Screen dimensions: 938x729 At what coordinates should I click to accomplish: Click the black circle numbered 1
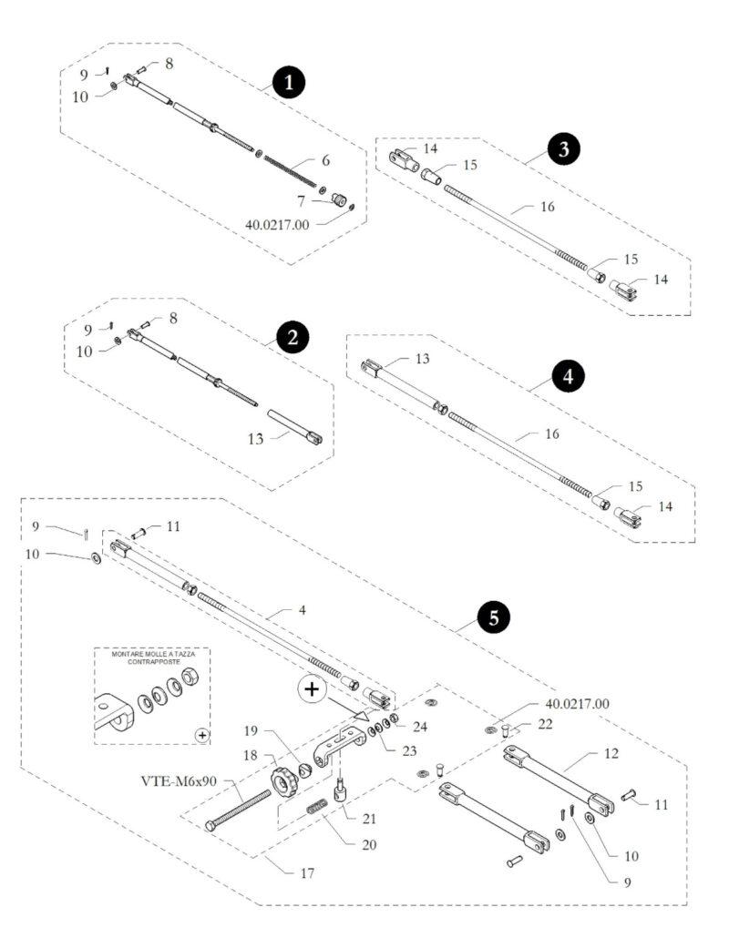click(290, 83)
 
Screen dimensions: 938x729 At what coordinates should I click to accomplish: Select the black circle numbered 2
click(292, 339)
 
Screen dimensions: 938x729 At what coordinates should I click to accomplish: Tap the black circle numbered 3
click(564, 149)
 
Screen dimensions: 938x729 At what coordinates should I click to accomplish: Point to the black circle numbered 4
click(568, 375)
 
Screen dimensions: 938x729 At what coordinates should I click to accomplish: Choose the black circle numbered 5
click(493, 618)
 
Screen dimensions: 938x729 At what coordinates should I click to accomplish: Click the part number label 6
click(326, 160)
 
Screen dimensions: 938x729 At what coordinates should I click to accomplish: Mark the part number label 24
click(419, 726)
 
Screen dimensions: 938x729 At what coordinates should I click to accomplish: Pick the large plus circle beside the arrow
click(312, 688)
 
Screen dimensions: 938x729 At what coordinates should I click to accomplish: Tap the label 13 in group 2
click(256, 439)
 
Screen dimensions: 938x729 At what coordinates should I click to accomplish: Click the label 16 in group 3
click(547, 207)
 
